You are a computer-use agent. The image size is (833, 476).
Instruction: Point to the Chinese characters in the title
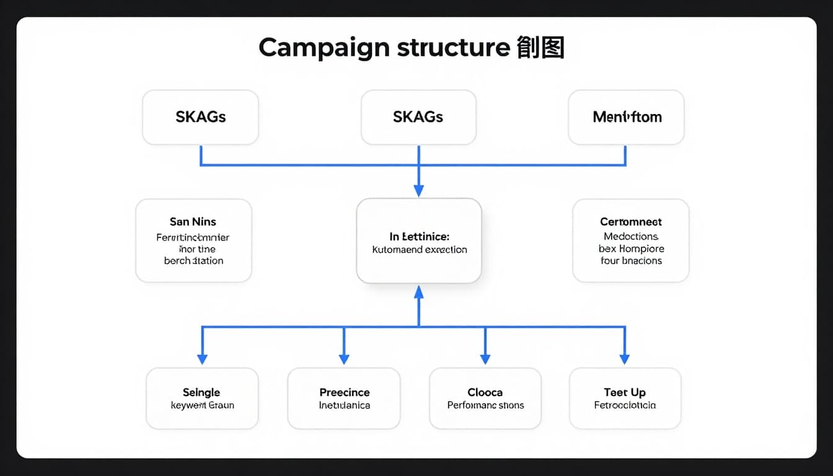[x=540, y=48]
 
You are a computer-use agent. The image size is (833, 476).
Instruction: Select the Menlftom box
[x=626, y=117]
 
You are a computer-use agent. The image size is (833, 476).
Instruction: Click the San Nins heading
[x=193, y=221]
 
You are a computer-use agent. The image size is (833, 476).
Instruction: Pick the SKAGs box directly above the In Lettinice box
[x=418, y=117]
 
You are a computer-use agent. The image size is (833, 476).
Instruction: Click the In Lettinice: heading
[x=419, y=236]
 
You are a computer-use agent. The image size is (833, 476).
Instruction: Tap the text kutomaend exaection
[x=419, y=250]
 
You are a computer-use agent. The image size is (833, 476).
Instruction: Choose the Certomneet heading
[x=630, y=221]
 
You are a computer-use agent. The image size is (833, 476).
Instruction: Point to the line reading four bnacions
[x=631, y=261]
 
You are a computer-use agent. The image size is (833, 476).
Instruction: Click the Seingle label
[x=201, y=392]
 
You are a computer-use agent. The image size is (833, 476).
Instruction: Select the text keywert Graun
[x=202, y=405]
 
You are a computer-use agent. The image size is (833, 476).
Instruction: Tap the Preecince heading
[x=344, y=392]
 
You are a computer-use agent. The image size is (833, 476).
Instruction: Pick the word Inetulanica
[x=344, y=405]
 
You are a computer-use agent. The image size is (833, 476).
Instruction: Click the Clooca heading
[x=485, y=392]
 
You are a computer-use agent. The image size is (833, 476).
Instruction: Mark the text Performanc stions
[x=485, y=405]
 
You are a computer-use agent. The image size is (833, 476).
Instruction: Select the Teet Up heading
[x=625, y=392]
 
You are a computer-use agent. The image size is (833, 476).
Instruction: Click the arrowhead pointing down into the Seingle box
[x=202, y=359]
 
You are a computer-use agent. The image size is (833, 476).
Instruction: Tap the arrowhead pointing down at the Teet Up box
[x=625, y=359]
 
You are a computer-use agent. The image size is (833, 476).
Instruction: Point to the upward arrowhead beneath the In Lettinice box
[x=419, y=291]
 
